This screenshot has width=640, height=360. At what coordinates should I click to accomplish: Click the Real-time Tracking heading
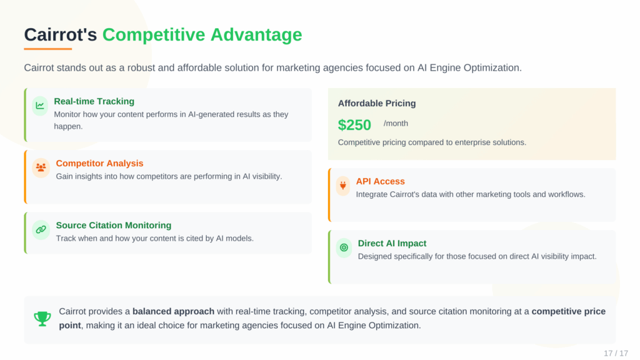[x=94, y=101]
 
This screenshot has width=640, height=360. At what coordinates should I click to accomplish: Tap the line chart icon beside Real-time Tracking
[x=40, y=106]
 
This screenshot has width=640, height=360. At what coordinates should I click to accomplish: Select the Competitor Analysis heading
[x=99, y=163]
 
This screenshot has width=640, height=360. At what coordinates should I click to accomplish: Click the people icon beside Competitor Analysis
[x=41, y=167]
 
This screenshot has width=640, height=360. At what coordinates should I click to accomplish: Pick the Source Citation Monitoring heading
[x=113, y=225]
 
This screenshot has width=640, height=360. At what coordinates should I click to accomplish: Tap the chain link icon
[x=41, y=229]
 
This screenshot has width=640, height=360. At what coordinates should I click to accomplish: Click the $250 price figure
[x=354, y=125]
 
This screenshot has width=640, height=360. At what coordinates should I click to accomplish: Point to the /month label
[x=396, y=123]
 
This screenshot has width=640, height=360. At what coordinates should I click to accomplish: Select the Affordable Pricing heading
[x=377, y=103]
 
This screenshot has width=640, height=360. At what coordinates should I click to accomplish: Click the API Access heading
[x=380, y=181]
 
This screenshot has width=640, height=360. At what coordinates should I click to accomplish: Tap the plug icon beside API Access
[x=342, y=186]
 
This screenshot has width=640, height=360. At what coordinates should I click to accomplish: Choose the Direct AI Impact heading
[x=392, y=243]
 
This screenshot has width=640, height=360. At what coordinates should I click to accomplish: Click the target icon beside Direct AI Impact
[x=344, y=247]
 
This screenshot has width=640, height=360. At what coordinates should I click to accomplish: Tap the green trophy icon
[x=42, y=319]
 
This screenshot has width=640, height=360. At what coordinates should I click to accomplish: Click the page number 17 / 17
[x=616, y=353]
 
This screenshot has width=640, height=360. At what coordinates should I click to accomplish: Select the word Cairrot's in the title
[x=61, y=34]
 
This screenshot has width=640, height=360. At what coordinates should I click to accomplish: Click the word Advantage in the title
[x=256, y=34]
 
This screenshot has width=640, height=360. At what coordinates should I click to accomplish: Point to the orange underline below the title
[x=48, y=49]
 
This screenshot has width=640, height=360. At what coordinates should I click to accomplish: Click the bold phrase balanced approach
[x=173, y=311]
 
